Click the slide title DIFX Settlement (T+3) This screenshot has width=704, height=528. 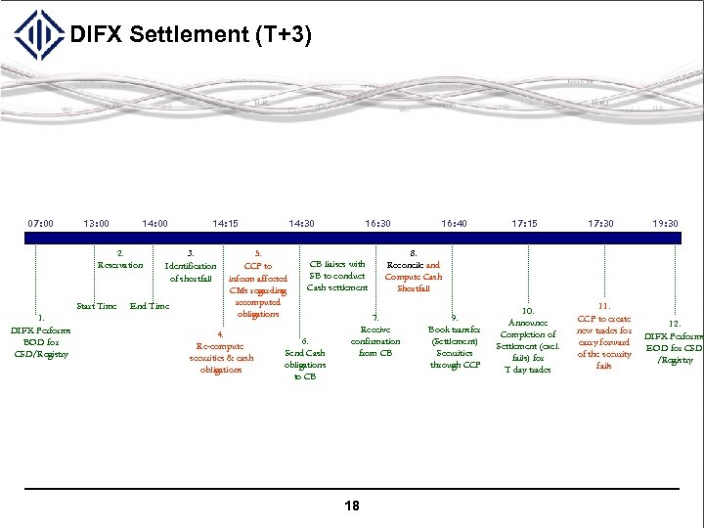[191, 36]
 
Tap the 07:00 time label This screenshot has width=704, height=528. [40, 223]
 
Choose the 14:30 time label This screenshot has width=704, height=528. [301, 223]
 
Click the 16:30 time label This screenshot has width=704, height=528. [377, 223]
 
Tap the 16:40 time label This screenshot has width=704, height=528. [454, 223]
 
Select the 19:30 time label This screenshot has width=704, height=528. [666, 223]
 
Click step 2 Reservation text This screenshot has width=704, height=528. [120, 260]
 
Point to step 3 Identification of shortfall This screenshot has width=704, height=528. [191, 266]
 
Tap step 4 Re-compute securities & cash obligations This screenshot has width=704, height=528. [220, 352]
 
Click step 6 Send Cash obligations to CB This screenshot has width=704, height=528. [305, 359]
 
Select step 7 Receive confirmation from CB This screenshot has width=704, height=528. [375, 335]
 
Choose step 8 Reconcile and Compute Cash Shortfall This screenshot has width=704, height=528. [414, 271]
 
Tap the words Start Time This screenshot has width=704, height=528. [97, 307]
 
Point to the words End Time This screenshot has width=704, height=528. [150, 307]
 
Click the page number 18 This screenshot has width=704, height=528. [352, 506]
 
